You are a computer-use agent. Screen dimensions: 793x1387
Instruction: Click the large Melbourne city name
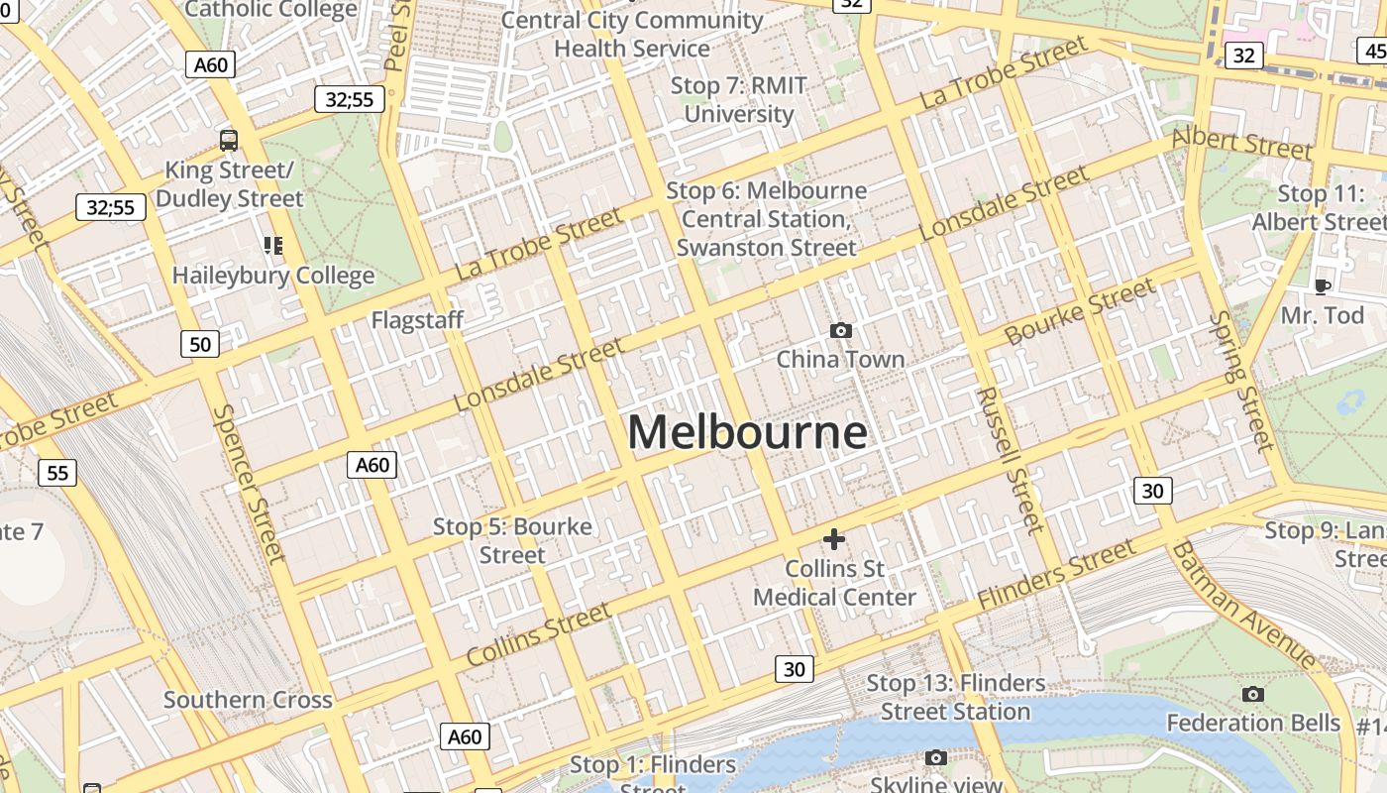pos(748,433)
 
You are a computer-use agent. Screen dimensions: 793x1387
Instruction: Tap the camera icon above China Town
pos(840,330)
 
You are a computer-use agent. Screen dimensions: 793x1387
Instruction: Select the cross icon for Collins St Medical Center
pos(834,539)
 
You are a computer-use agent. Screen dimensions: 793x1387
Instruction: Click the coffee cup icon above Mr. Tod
pos(1322,286)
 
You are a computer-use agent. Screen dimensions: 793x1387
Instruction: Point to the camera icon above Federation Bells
pos(1252,694)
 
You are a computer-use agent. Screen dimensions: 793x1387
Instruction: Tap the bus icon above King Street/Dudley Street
pos(229,140)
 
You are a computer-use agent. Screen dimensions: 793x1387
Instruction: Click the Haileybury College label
pos(273,276)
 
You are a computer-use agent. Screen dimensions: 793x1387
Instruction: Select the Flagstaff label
pos(417,320)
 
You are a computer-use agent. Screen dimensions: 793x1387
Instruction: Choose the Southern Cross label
pos(248,700)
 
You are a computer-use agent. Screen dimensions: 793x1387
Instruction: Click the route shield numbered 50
pos(200,344)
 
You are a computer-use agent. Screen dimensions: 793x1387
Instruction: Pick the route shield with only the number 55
pos(57,473)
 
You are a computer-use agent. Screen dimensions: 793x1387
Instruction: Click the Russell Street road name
pos(1010,459)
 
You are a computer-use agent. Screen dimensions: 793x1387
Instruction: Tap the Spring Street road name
pos(1241,382)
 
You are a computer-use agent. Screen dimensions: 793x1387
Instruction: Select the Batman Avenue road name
pos(1243,605)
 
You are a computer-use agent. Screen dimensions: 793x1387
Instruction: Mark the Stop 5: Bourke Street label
pos(512,540)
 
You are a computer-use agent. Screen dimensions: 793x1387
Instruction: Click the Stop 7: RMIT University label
pos(739,99)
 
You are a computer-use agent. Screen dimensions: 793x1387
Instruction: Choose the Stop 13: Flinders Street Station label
pos(955,697)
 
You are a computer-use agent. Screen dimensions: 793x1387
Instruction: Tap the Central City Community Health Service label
pos(632,34)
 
